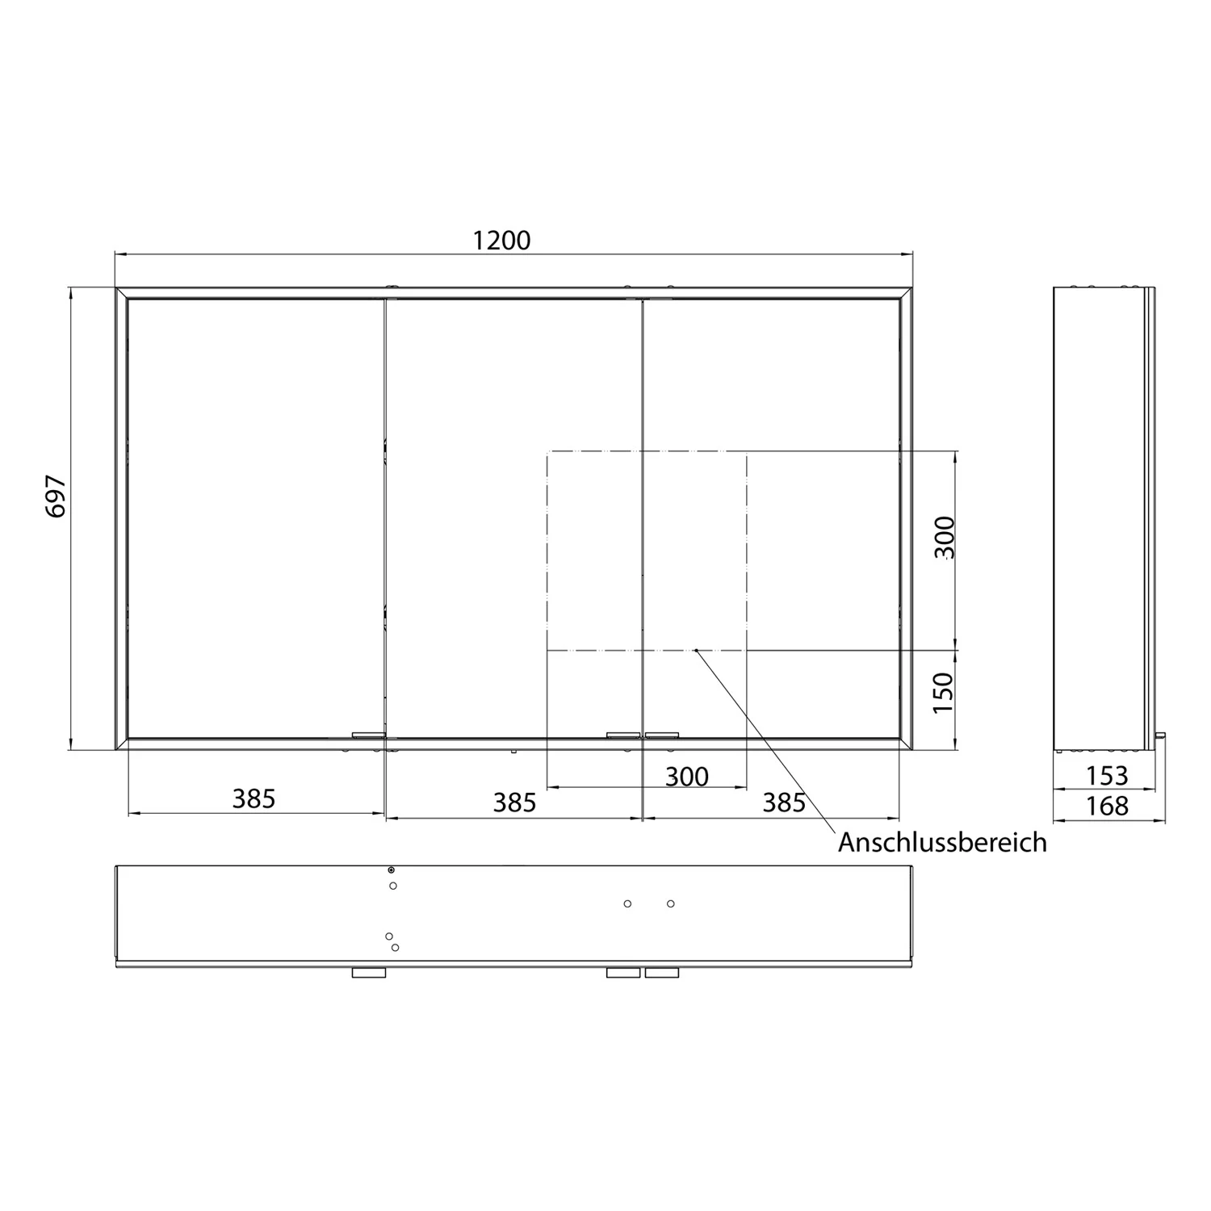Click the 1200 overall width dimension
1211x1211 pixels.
click(x=501, y=241)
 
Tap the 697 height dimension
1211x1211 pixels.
click(x=55, y=497)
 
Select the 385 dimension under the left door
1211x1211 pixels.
click(x=254, y=798)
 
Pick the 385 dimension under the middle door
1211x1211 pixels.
click(x=514, y=802)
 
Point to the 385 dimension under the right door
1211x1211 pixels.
click(x=784, y=802)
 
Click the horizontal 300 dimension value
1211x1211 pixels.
click(x=686, y=777)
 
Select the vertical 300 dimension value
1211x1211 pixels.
click(x=944, y=538)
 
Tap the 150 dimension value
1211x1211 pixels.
click(x=944, y=692)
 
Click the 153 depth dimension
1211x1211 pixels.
click(x=1106, y=776)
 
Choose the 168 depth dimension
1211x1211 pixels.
click(x=1106, y=806)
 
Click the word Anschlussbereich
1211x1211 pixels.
click(x=941, y=842)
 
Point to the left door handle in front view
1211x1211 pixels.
click(x=369, y=735)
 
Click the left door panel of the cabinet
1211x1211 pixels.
click(x=255, y=517)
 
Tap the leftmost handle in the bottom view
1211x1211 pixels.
click(x=369, y=973)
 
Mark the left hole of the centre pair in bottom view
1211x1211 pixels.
click(x=627, y=903)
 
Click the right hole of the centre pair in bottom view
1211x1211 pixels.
click(x=671, y=903)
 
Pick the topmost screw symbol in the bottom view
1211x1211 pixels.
click(x=392, y=869)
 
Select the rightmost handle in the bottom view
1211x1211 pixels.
click(x=662, y=973)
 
